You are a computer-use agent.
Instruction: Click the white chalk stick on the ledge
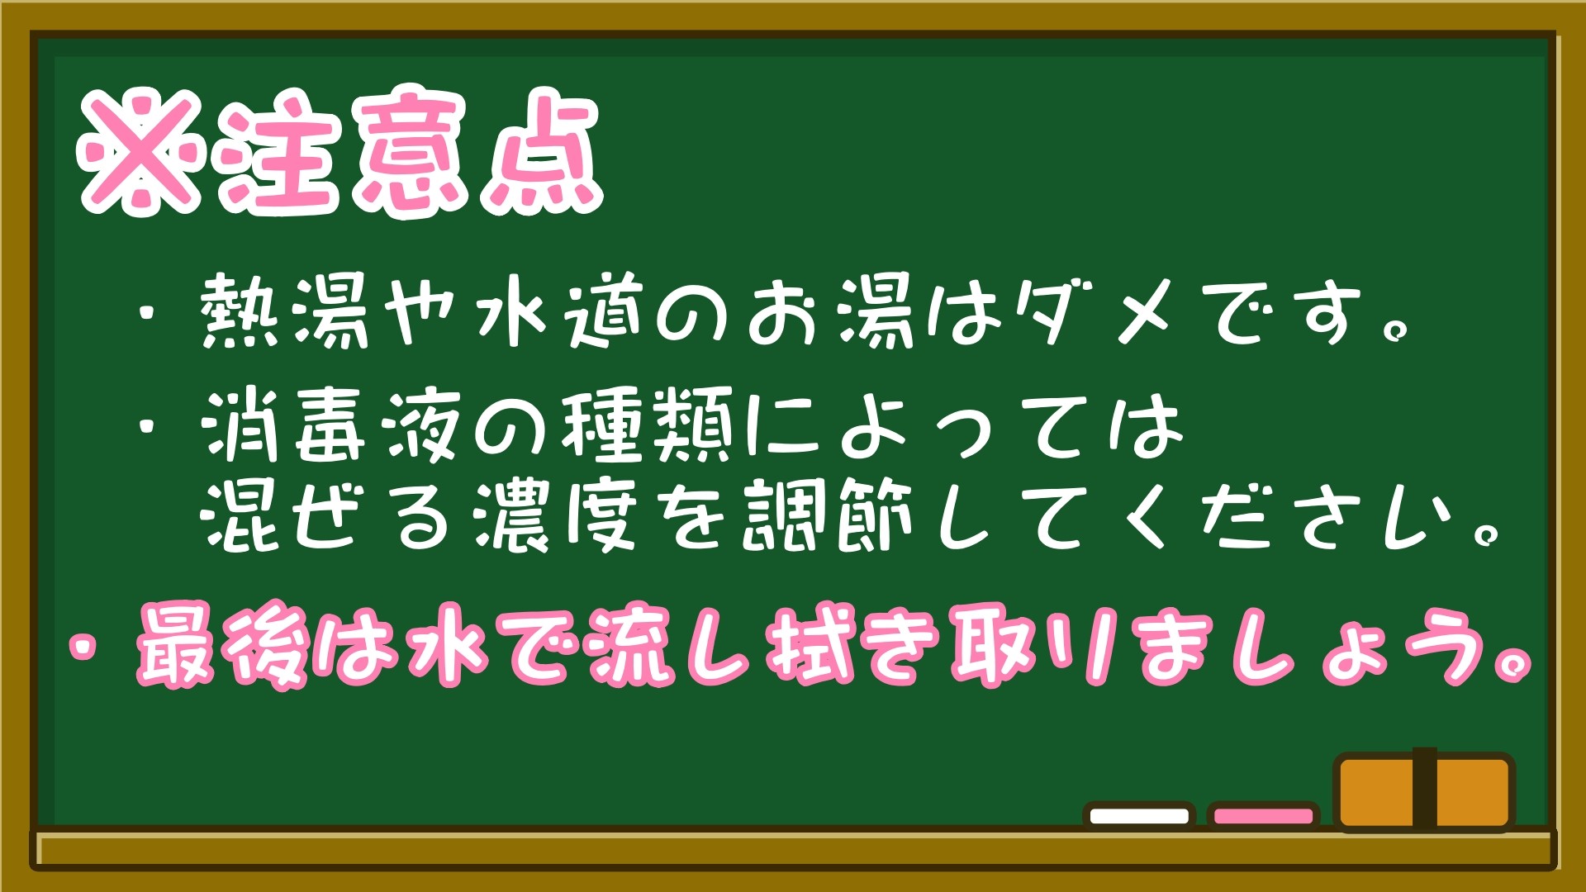(1139, 816)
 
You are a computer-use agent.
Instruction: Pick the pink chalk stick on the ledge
(1263, 816)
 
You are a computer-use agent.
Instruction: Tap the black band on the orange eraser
(1424, 789)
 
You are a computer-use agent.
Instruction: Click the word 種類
(647, 426)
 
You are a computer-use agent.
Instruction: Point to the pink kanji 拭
(810, 647)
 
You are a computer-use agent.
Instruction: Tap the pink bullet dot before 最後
(83, 647)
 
